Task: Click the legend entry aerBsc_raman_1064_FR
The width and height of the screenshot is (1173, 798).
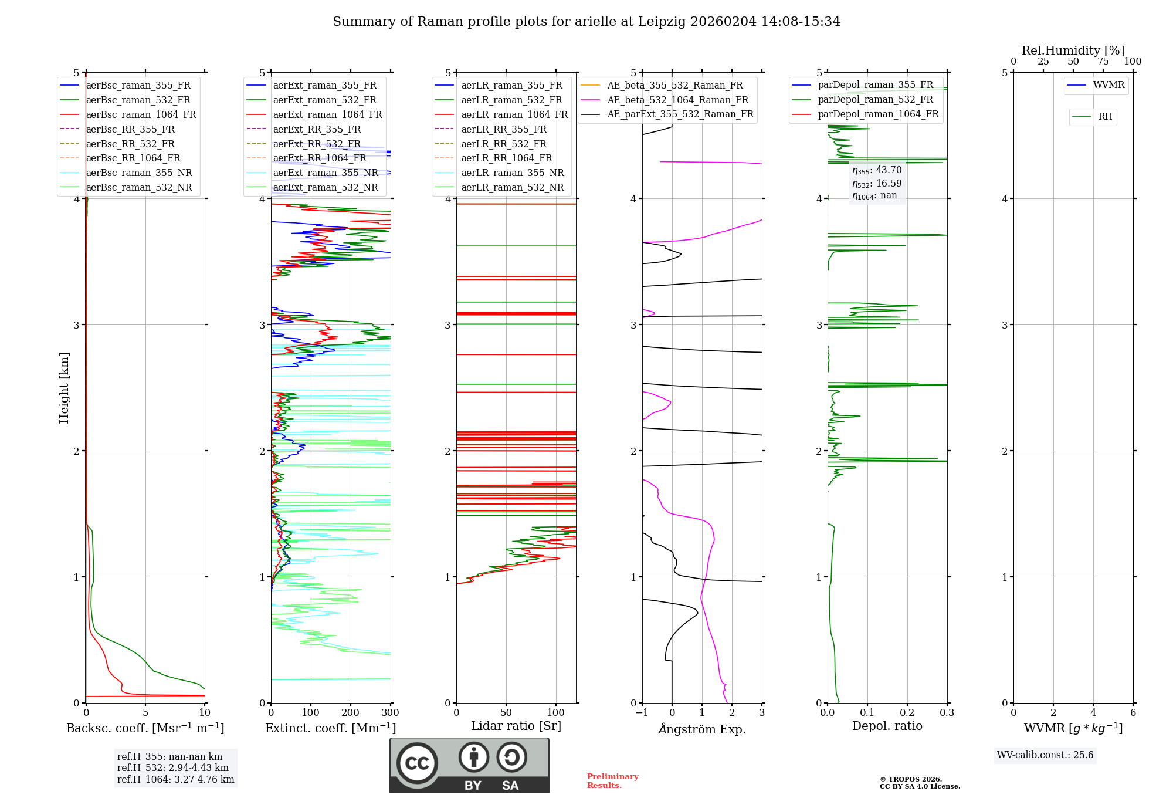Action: (141, 115)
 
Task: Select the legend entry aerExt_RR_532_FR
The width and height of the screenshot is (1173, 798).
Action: (317, 144)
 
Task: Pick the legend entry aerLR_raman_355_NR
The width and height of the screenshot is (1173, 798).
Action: (512, 173)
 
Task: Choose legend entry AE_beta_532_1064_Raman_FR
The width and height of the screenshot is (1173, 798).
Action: (677, 100)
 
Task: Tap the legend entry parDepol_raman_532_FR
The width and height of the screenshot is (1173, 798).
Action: (875, 100)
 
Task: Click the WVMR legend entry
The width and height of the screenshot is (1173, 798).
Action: (1108, 86)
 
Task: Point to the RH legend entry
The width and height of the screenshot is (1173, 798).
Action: (1104, 117)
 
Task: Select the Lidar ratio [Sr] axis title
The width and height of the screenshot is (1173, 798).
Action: (516, 726)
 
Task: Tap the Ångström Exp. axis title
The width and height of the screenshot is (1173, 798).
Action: (701, 729)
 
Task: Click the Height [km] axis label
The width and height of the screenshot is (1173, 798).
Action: (64, 388)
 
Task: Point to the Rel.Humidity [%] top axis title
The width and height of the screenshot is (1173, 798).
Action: (1073, 50)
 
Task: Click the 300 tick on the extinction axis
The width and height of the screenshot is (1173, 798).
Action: (390, 713)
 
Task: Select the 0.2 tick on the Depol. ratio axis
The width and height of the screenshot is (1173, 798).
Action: (907, 713)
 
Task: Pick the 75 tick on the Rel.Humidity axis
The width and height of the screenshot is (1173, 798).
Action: (1103, 62)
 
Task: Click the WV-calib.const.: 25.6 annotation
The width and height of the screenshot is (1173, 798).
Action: (1045, 755)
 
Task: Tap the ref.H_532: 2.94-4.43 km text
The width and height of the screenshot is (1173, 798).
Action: (172, 768)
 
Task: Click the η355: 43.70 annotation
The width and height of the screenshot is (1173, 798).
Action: (877, 170)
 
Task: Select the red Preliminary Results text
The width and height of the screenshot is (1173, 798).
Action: (612, 781)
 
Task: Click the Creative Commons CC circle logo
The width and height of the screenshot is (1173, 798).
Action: (417, 763)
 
